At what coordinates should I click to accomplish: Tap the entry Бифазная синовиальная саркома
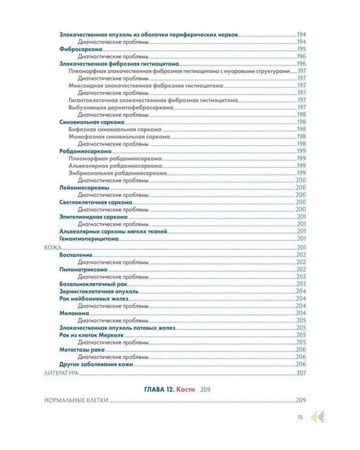pyautogui.click(x=116, y=129)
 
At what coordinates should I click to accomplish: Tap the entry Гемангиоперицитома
pyautogui.click(x=86, y=239)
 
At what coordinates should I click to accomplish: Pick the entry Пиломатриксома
pyautogui.click(x=83, y=269)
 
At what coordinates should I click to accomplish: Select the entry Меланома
pyautogui.click(x=74, y=313)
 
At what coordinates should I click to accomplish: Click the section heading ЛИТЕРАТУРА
pyautogui.click(x=62, y=373)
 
